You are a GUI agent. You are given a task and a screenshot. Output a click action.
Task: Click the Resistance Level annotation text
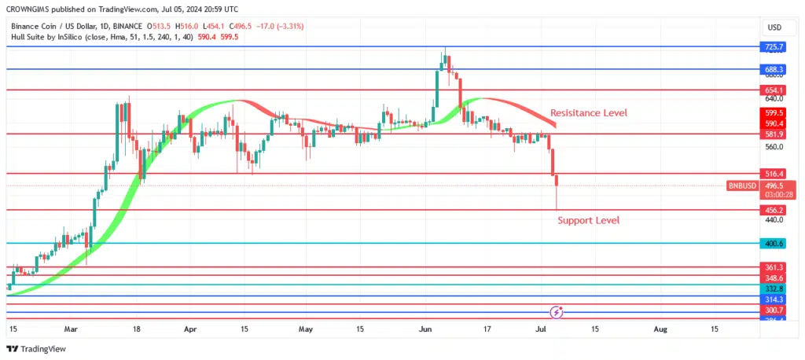(x=588, y=113)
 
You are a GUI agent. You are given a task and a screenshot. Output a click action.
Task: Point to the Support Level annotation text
(x=588, y=220)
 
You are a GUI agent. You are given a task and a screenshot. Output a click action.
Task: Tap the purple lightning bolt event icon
(x=557, y=312)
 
